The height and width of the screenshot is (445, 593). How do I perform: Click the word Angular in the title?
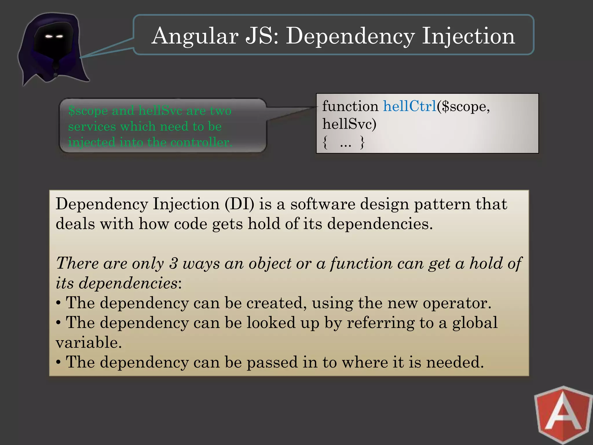pyautogui.click(x=195, y=36)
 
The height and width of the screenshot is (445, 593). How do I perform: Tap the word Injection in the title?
pyautogui.click(x=468, y=36)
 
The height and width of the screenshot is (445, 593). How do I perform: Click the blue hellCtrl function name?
pyautogui.click(x=410, y=106)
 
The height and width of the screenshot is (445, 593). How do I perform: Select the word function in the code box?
pyautogui.click(x=350, y=106)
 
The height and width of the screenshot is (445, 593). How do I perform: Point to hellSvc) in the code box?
pyautogui.click(x=349, y=124)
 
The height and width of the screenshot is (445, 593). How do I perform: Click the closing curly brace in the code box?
pyautogui.click(x=362, y=142)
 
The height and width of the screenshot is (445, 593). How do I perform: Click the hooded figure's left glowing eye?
pyautogui.click(x=49, y=37)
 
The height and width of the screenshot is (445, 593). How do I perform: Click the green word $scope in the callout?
pyautogui.click(x=88, y=111)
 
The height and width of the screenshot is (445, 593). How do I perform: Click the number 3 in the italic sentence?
pyautogui.click(x=173, y=263)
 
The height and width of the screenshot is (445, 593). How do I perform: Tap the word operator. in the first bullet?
pyautogui.click(x=457, y=303)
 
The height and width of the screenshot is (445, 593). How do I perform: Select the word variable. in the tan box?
pyautogui.click(x=89, y=342)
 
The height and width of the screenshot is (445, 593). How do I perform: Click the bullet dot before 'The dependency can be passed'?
pyautogui.click(x=58, y=362)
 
